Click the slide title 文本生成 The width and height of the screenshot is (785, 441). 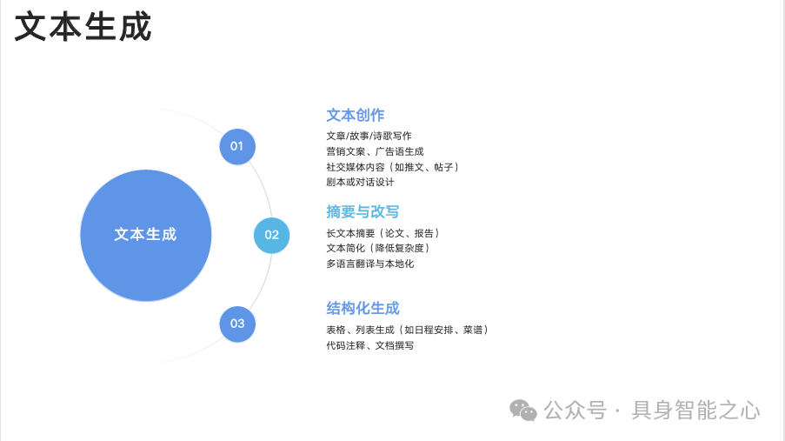[x=83, y=26]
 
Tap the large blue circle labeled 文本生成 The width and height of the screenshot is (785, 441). [x=146, y=235]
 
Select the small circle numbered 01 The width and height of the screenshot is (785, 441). [x=237, y=146]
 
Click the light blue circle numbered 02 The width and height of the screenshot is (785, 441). [x=272, y=235]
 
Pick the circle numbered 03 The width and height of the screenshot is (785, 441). [x=237, y=324]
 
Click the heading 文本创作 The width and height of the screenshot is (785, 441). [x=356, y=115]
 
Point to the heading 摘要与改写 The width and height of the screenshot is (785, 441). [x=363, y=211]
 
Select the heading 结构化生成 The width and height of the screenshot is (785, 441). [x=363, y=308]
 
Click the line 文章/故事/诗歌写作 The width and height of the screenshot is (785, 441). [x=369, y=136]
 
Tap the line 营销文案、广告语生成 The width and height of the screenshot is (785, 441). [x=375, y=151]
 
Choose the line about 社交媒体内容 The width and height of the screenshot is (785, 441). [x=392, y=167]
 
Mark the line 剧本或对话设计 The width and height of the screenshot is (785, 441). [x=360, y=183]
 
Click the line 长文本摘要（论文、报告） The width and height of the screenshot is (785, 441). [x=383, y=233]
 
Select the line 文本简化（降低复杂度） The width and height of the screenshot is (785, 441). [x=378, y=248]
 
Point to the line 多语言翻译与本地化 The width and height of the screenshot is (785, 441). [x=370, y=264]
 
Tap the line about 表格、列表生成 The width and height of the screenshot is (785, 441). [x=407, y=330]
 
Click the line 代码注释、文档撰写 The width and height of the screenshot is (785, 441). [x=370, y=345]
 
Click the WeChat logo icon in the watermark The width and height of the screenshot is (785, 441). [x=523, y=410]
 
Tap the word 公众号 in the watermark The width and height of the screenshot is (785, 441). [x=575, y=410]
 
